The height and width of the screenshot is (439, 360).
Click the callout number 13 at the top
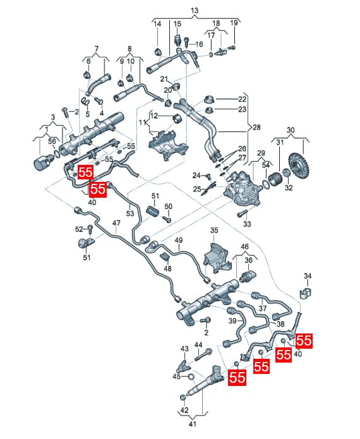coord(195,11)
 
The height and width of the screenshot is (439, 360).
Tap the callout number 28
coord(256,128)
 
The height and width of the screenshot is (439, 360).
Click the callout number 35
coord(214,231)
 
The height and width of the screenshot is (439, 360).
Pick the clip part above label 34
coord(306,292)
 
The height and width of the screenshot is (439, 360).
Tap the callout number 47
coord(116,223)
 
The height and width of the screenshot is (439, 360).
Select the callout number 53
coord(130,213)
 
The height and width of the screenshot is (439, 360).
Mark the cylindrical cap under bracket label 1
coord(42,163)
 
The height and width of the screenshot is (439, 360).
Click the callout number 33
coord(247,224)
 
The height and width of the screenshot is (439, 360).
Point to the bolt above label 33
coord(242,214)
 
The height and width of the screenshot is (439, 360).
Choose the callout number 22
coord(242,99)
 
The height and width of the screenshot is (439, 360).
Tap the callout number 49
coord(179,240)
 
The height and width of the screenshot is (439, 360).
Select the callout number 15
coord(177,24)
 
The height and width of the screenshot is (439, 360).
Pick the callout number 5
coord(88,114)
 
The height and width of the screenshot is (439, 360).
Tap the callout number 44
coord(198,345)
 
